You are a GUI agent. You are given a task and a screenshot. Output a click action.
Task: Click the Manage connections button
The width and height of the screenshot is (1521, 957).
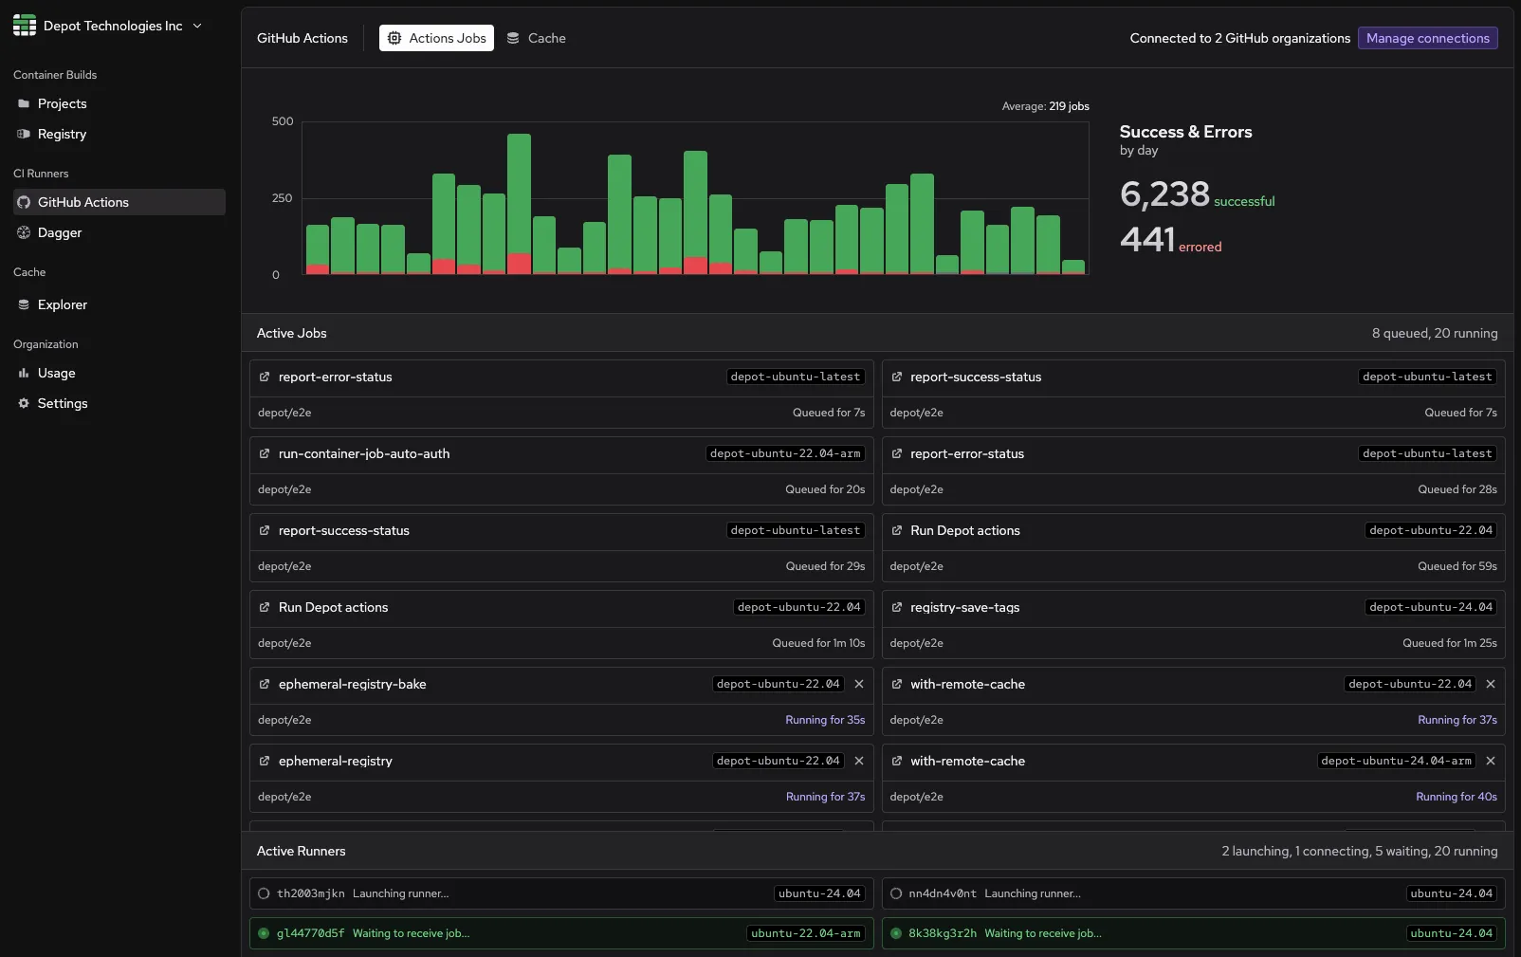(x=1427, y=38)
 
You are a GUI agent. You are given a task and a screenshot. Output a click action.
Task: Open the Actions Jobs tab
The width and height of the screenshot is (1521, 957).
(x=436, y=38)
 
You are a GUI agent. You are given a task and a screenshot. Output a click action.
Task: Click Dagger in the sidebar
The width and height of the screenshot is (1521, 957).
(x=59, y=232)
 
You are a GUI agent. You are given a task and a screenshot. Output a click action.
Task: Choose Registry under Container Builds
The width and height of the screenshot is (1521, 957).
(x=62, y=134)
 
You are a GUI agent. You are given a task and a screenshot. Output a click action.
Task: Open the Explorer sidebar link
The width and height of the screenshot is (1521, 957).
(x=62, y=304)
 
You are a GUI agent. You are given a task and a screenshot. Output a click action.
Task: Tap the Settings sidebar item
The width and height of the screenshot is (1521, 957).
(x=62, y=403)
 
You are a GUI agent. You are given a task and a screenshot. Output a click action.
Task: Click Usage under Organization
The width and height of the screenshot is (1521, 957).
(x=56, y=373)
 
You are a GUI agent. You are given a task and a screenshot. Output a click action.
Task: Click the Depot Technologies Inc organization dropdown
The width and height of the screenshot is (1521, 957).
(x=108, y=26)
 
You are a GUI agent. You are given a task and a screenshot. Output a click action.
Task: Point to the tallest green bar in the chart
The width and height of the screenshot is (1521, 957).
(x=519, y=190)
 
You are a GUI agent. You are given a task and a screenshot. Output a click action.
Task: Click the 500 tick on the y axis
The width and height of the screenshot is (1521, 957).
(x=283, y=121)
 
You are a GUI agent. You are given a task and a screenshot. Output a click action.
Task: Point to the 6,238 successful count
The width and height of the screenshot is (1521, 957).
(x=1164, y=194)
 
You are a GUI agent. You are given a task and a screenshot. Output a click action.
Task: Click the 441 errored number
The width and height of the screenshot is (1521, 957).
(x=1147, y=240)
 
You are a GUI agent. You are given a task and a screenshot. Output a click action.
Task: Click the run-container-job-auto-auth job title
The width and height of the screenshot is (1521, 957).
(x=364, y=453)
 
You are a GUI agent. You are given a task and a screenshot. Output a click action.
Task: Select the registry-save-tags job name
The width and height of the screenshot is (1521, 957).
(x=964, y=607)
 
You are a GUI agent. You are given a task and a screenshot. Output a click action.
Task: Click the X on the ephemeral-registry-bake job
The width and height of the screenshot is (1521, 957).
(x=859, y=684)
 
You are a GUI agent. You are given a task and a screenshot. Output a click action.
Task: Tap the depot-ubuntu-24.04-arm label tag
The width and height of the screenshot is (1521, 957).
(x=1396, y=761)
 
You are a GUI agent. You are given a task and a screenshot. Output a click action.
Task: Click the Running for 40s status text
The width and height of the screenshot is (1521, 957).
(x=1456, y=797)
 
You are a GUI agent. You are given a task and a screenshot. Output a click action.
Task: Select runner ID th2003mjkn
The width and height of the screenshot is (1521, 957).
(x=310, y=893)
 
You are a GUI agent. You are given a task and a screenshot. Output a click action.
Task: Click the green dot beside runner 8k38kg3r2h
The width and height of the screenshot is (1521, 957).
(x=896, y=933)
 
